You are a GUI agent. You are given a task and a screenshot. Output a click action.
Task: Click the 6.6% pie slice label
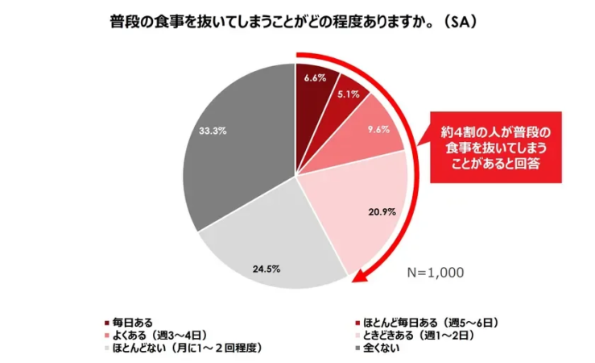pos(314,77)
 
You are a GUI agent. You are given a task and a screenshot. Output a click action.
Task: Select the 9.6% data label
pos(378,129)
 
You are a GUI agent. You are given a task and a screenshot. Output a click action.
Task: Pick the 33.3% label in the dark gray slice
pos(212,128)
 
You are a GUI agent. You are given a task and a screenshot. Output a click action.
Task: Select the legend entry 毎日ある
pos(131,323)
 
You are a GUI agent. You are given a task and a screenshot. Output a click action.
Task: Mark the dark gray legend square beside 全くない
pos(357,348)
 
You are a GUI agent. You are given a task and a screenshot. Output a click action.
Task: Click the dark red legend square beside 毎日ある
pos(106,323)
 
